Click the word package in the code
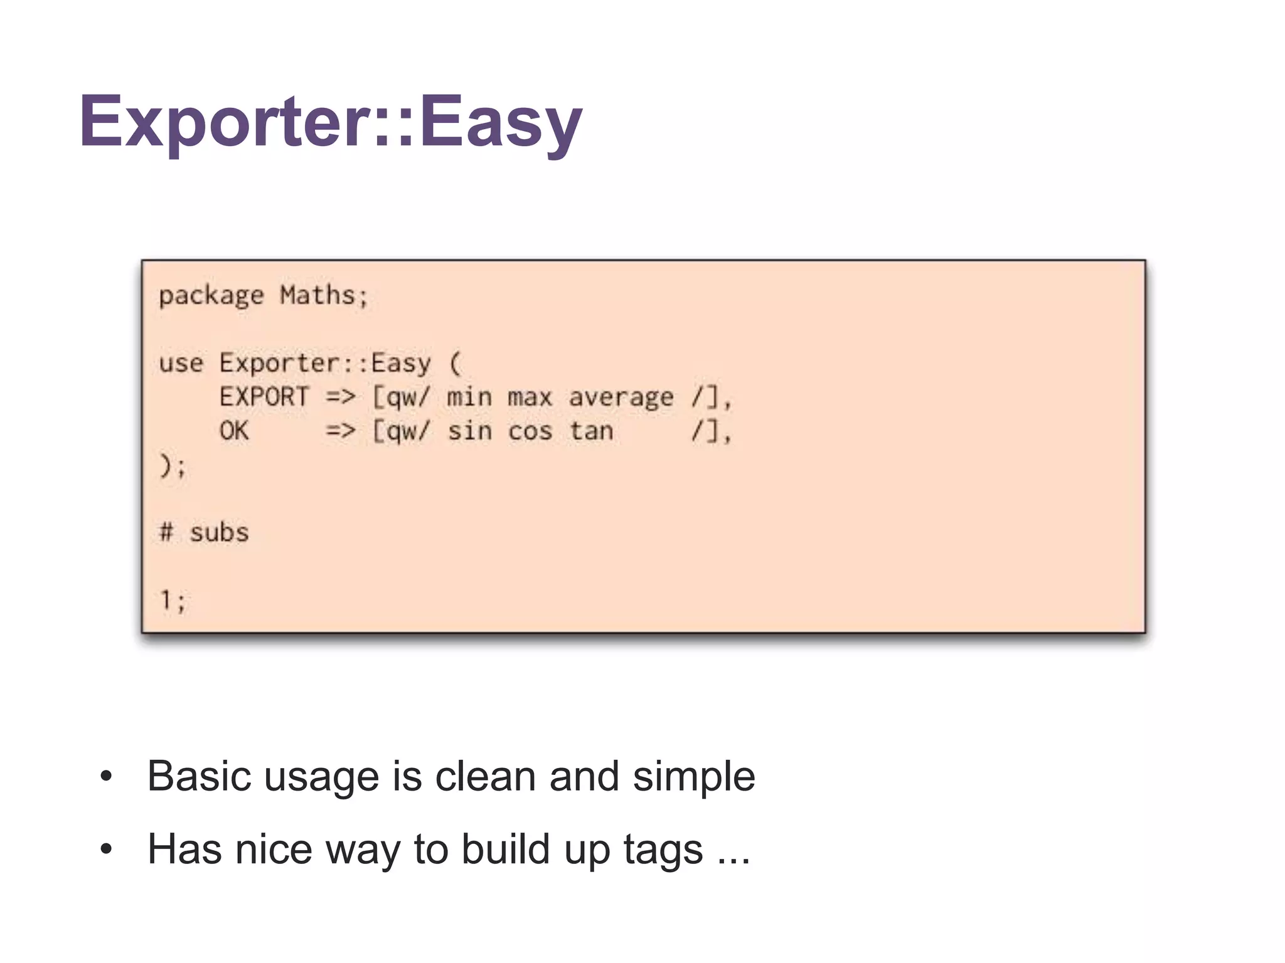pos(211,296)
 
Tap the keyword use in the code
pos(181,363)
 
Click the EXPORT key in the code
pos(264,397)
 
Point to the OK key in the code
pos(234,431)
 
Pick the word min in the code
pos(469,397)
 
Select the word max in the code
pos(530,397)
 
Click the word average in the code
pos(621,398)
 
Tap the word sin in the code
pos(469,431)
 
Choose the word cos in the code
pos(530,431)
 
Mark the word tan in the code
pos(591,431)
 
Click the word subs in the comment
pos(219,533)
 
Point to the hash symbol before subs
pos(166,532)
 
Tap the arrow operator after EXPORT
pos(341,397)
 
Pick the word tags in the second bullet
pos(663,850)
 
